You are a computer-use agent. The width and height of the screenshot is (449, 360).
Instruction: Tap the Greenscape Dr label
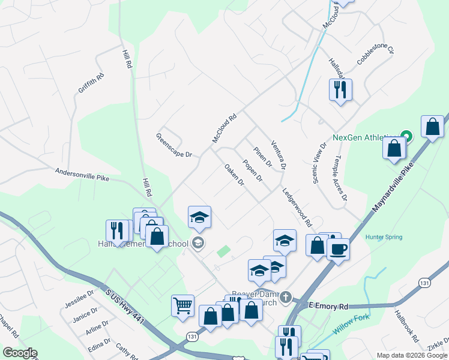pyautogui.click(x=174, y=145)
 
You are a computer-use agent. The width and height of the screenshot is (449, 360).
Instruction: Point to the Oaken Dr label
pyautogui.click(x=234, y=174)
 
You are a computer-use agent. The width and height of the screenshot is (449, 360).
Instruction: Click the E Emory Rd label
pyautogui.click(x=329, y=306)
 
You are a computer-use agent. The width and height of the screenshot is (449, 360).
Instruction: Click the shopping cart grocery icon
pyautogui.click(x=182, y=304)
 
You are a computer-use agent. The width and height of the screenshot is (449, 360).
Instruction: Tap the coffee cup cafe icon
pyautogui.click(x=338, y=248)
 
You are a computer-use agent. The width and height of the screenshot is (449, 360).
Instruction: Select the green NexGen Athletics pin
pyautogui.click(x=406, y=136)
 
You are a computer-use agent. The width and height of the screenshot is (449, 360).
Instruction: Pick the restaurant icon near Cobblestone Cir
pyautogui.click(x=340, y=89)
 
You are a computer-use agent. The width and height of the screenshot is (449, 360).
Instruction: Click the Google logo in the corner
pyautogui.click(x=20, y=353)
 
